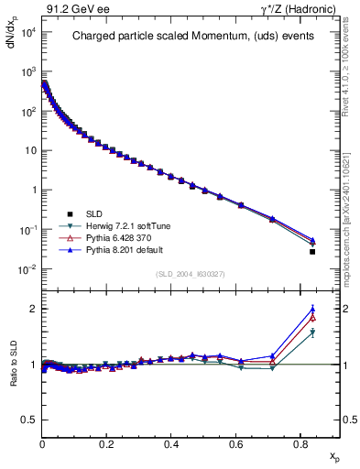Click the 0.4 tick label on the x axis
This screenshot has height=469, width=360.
171,442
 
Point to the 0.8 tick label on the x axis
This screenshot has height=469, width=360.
300,442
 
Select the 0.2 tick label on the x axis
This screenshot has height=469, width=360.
107,442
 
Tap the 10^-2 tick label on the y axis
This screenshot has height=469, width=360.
27,269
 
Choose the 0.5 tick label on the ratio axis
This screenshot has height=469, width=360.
28,420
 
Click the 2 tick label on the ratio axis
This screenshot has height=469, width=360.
32,309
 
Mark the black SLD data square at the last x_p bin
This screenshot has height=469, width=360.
312,251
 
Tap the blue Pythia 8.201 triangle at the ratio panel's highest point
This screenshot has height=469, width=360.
312,309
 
